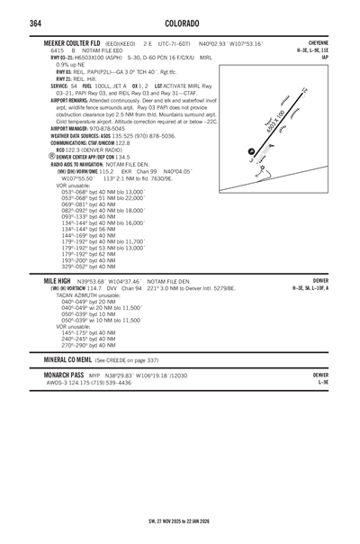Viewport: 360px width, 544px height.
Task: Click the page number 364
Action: [35, 23]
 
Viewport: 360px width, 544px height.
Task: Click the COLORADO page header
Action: [180, 23]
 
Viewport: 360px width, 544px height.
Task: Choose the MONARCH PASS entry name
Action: [64, 374]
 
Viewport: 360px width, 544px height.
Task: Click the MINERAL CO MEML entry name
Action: [67, 358]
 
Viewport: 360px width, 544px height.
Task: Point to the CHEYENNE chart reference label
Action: [317, 43]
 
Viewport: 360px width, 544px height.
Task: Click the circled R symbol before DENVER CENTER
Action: [52, 155]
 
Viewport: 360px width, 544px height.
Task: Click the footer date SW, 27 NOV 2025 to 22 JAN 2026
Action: [180, 521]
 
